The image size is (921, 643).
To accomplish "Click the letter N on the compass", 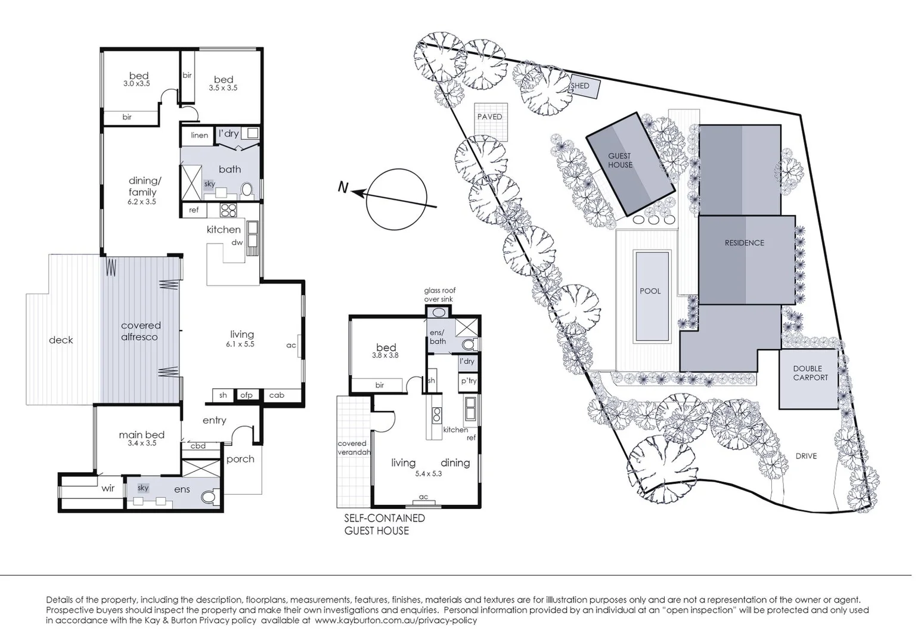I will tap(343, 188).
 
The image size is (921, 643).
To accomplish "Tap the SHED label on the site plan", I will tap(580, 86).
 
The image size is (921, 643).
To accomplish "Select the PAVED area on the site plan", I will tap(489, 117).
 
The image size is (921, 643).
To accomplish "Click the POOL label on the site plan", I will tap(650, 291).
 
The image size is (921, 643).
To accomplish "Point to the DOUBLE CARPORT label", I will tap(810, 373).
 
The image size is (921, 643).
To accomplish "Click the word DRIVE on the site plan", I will tap(806, 456).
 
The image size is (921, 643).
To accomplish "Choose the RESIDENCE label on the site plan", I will tap(744, 243).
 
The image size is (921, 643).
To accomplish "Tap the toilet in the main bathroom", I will tap(247, 190).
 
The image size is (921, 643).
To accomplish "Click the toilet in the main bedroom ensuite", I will tap(209, 497).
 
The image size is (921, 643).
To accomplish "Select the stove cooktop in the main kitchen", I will tap(228, 210).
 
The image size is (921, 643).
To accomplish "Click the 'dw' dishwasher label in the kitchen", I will tap(237, 242).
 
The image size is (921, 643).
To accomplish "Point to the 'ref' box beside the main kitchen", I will tap(194, 210).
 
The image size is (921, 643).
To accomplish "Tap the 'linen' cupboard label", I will tap(199, 135).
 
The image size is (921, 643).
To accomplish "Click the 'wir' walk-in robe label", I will tap(108, 488).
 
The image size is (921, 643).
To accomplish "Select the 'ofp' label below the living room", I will tap(246, 395).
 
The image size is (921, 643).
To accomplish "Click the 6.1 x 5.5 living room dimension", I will tap(240, 344).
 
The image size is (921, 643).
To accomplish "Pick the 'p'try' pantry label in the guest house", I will tap(468, 381).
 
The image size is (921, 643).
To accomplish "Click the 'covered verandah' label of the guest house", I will tap(352, 448).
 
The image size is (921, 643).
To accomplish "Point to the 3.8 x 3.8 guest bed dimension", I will tap(385, 355).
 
